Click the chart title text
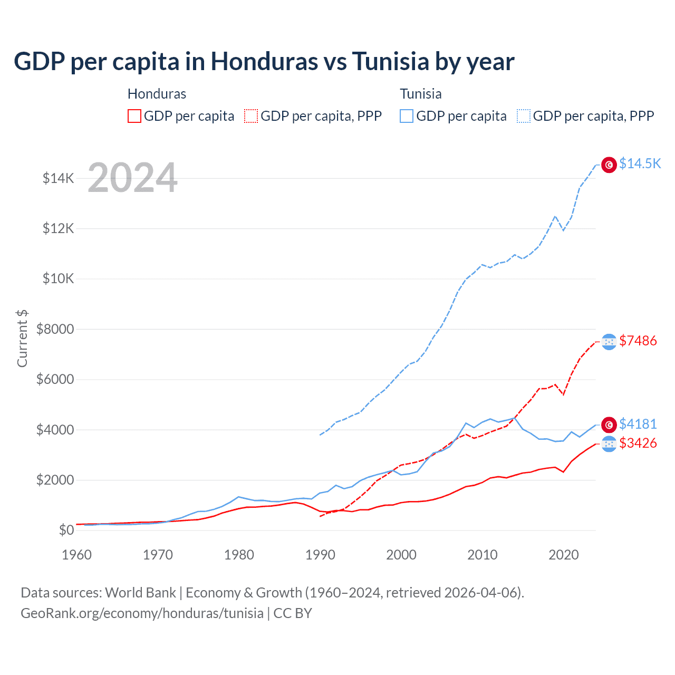[264, 62]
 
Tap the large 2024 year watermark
[132, 178]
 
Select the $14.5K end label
[640, 163]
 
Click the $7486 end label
[638, 341]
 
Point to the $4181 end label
[638, 424]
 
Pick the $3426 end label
[638, 443]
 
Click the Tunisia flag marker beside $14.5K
[609, 165]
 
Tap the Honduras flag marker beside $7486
[609, 342]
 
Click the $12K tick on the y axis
[59, 228]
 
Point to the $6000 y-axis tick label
[55, 379]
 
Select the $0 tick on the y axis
[66, 530]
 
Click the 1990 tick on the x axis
[320, 555]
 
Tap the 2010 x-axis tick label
[483, 555]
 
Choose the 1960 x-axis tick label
[77, 555]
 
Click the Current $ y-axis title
[22, 339]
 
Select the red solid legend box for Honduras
[134, 116]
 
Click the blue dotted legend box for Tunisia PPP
[524, 116]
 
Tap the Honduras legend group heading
[157, 94]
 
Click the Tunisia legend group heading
[420, 94]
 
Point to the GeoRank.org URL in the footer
[142, 613]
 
